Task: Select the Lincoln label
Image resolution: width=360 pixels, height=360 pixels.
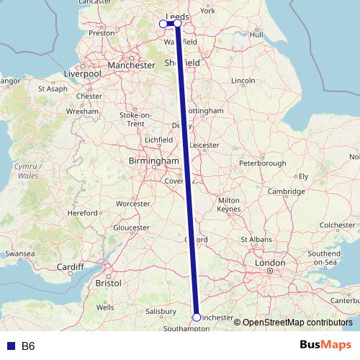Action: coord(245,79)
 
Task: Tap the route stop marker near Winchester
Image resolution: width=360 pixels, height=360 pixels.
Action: coord(197,317)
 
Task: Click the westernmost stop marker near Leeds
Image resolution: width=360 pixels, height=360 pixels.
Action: coord(163,24)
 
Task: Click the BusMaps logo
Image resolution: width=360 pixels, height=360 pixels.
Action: coord(325,346)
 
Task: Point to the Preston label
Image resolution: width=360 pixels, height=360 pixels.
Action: coord(101,32)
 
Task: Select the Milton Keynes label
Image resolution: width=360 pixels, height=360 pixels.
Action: coord(228,204)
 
